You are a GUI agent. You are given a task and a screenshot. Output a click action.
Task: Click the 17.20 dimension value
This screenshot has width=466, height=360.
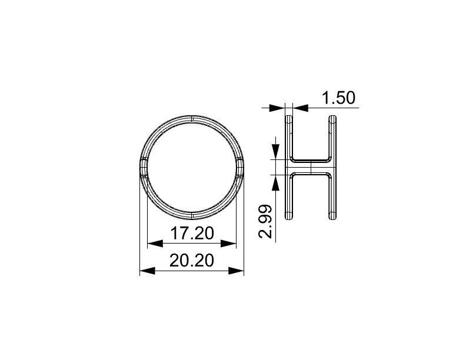click(191, 234)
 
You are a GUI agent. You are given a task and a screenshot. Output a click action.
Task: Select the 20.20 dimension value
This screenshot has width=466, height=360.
click(191, 261)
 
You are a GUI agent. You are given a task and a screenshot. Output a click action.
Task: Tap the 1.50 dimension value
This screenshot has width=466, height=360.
click(339, 98)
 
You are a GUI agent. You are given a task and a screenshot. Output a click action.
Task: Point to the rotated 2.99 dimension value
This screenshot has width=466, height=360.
click(266, 221)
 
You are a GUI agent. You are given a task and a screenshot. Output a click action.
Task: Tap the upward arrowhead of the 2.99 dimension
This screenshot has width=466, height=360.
click(275, 182)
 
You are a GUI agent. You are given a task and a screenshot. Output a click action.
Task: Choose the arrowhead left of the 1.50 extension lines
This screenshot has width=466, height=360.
click(277, 108)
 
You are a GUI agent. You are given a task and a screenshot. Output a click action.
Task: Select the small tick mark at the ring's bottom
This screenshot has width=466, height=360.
click(192, 213)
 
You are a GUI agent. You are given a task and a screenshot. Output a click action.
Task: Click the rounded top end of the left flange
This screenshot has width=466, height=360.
click(288, 118)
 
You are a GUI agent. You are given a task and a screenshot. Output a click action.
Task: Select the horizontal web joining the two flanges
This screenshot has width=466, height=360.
click(311, 166)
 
